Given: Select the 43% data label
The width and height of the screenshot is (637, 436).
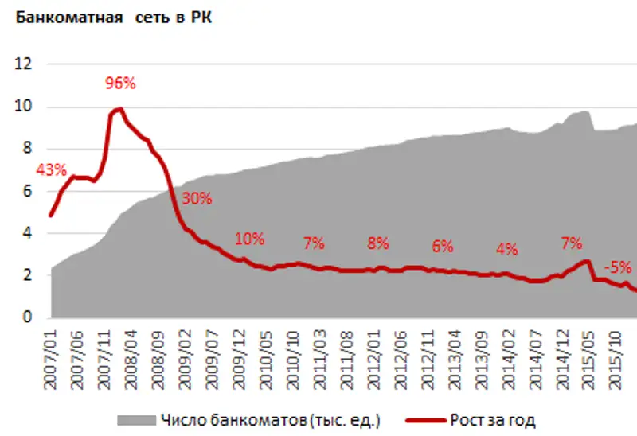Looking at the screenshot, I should pos(49,170).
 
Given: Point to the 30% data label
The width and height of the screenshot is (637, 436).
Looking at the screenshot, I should pos(197,199).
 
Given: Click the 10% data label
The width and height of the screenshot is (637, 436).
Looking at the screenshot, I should pos(248,238).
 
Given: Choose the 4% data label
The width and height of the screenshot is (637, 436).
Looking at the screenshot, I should pos(506,248).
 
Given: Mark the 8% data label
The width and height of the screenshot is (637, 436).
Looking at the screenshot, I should pos(377,243).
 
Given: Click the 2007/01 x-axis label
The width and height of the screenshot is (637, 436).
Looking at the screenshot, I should pos(51,358).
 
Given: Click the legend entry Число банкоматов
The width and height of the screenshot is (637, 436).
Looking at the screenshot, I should pos(249,418).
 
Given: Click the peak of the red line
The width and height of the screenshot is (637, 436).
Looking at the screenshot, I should pos(119,109).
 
